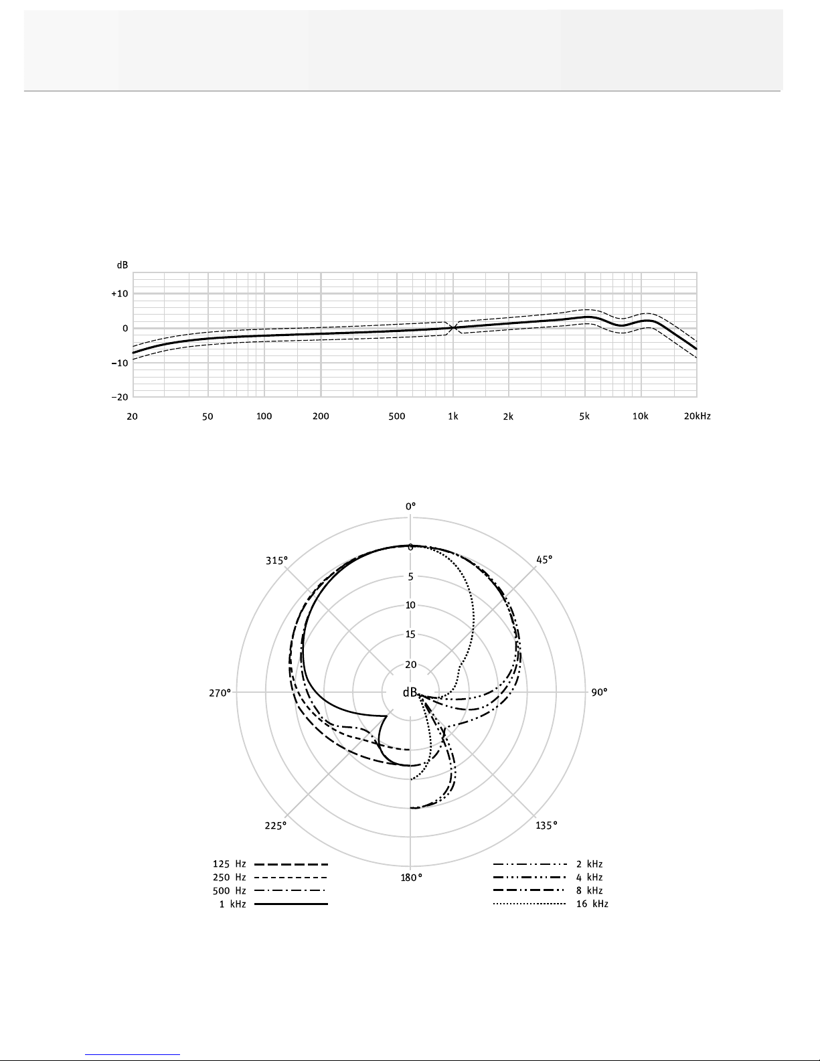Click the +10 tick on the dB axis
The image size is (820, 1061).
pyautogui.click(x=120, y=293)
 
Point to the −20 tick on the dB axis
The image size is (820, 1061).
pyautogui.click(x=120, y=397)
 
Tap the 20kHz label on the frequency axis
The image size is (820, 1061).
pyautogui.click(x=697, y=416)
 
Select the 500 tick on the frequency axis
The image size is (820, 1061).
pyautogui.click(x=397, y=416)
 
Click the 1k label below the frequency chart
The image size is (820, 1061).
pyautogui.click(x=453, y=416)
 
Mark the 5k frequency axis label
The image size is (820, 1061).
pyautogui.click(x=584, y=416)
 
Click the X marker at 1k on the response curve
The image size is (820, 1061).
pyautogui.click(x=453, y=327)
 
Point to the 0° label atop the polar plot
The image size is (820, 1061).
pyautogui.click(x=410, y=506)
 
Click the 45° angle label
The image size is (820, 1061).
pyautogui.click(x=544, y=560)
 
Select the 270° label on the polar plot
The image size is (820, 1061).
pyautogui.click(x=220, y=693)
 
